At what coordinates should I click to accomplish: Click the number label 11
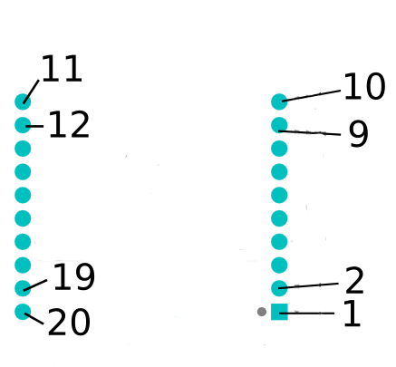pos(62,69)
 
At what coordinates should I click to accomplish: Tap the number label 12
pos(69,124)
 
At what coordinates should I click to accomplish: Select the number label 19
pos(74,276)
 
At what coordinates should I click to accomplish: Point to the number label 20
pos(69,322)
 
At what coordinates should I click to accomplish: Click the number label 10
pos(364,86)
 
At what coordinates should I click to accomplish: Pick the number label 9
pos(359,134)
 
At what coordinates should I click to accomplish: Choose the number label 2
pos(354,281)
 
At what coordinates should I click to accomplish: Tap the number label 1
pos(353,314)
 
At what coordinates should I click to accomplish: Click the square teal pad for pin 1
pos(279,312)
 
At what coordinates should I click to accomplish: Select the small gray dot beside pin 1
pos(262,312)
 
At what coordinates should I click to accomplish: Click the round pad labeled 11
pos(23,101)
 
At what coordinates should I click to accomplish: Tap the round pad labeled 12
pos(23,125)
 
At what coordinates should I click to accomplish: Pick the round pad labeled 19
pos(23,288)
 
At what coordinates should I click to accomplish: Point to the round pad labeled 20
pos(23,312)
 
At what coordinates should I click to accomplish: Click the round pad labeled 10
pos(279,101)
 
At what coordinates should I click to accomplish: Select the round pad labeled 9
pos(279,125)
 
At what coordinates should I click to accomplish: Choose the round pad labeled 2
pos(279,288)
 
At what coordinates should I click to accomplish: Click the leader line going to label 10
pos(311,96)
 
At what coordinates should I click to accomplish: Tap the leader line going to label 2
pos(308,285)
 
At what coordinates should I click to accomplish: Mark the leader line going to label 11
pos(31,92)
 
